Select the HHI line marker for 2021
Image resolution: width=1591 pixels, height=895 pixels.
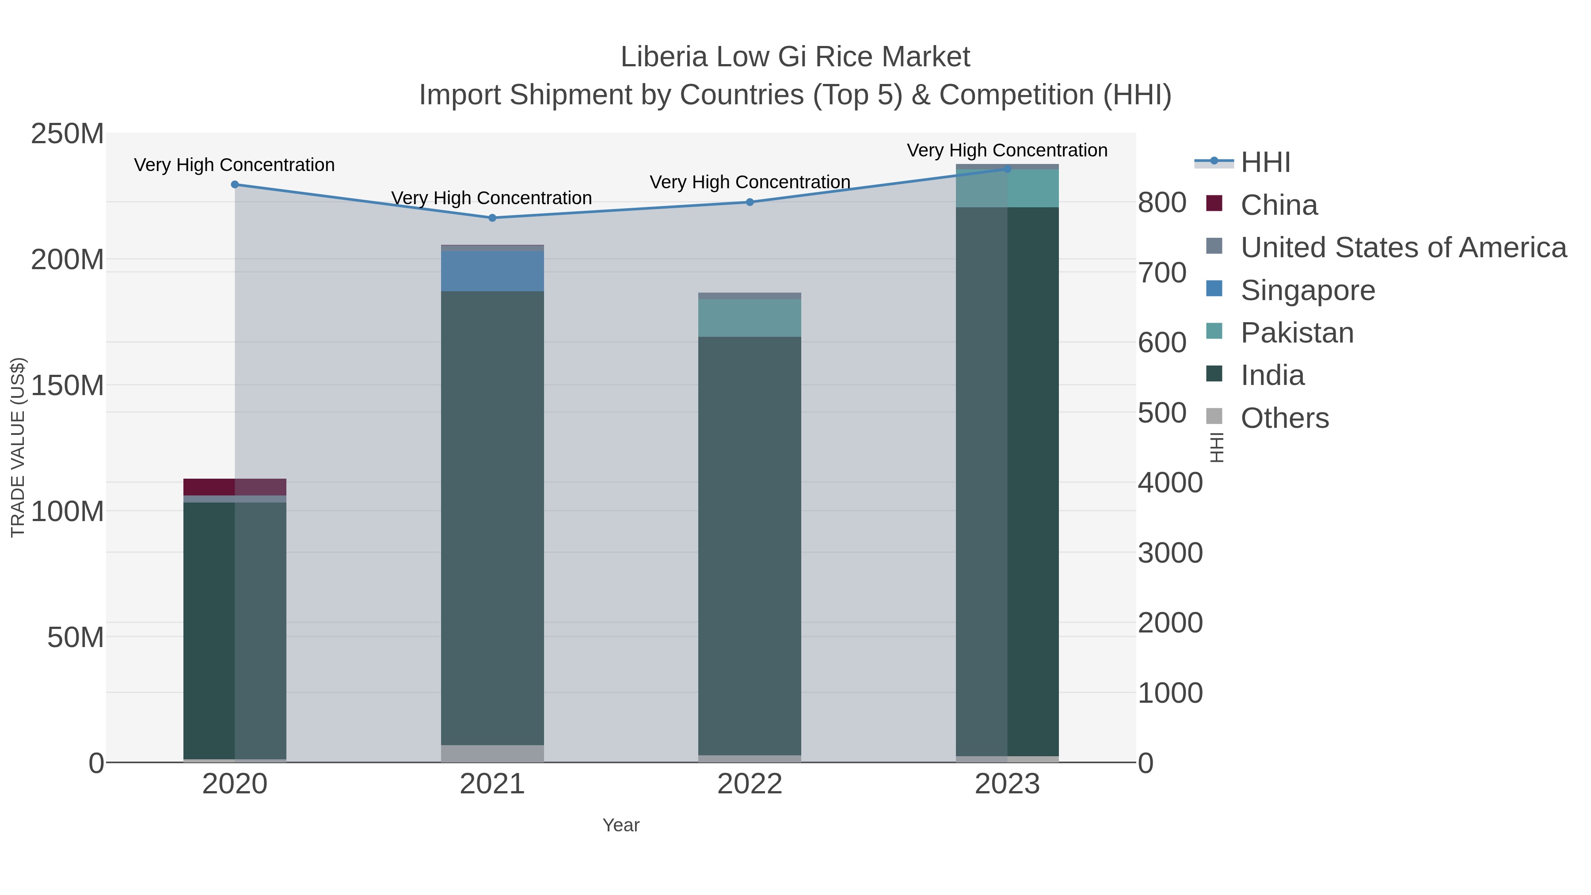492,218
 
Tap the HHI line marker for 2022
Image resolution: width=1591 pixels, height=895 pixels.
750,202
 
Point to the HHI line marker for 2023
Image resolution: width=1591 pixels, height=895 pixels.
1007,169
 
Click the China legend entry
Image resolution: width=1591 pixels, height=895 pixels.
1279,205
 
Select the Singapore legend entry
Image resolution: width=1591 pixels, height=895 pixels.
1308,290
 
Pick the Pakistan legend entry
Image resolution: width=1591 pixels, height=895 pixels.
1297,333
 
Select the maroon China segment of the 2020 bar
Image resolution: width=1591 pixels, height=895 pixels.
235,487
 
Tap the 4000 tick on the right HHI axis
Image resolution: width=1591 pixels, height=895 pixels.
1170,483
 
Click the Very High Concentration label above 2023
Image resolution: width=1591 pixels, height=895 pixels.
1007,150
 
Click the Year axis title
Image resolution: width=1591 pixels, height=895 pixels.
621,825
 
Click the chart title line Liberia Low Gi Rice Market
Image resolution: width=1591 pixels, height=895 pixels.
795,57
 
